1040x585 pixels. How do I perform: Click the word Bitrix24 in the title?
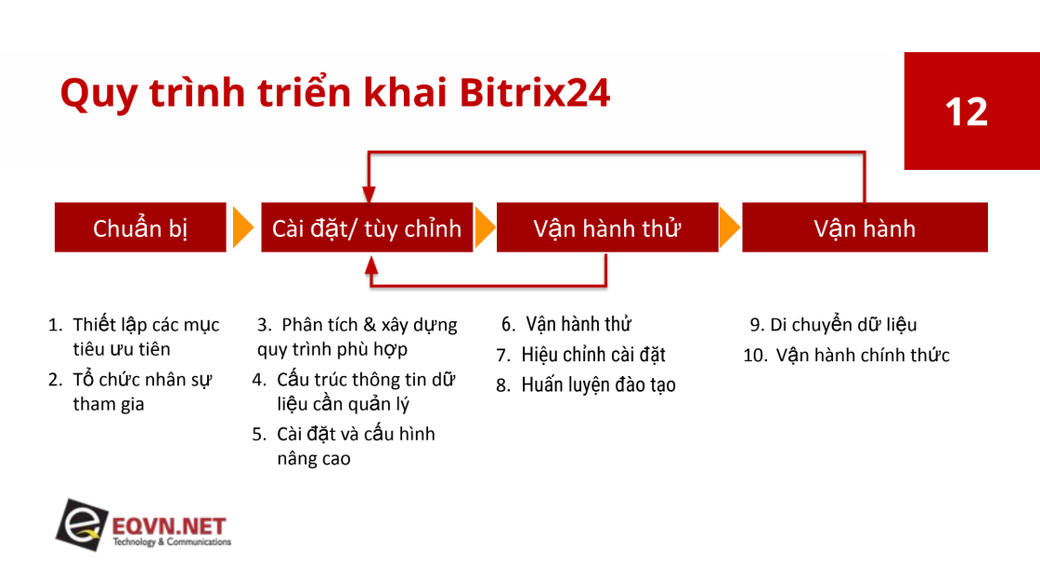point(534,92)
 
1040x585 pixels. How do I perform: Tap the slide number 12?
point(967,111)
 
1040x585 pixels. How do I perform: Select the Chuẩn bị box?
point(140,227)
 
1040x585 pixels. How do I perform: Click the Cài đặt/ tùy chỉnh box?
point(367,227)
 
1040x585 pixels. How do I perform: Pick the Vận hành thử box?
point(607,227)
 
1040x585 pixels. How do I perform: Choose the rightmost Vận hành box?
point(864,227)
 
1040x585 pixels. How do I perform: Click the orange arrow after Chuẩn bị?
point(242,227)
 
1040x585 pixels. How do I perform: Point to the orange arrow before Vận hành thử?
point(485,227)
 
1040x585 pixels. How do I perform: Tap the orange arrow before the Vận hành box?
point(730,227)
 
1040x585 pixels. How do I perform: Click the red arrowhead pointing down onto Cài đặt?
point(369,195)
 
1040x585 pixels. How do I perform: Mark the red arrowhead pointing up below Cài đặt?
point(371,265)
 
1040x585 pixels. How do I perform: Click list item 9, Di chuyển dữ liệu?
point(833,324)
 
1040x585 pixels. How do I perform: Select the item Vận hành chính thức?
point(863,355)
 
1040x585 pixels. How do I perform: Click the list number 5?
point(258,435)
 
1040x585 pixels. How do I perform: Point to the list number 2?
point(55,380)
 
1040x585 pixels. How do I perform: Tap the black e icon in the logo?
point(81,525)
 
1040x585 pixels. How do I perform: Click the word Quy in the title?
point(98,94)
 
